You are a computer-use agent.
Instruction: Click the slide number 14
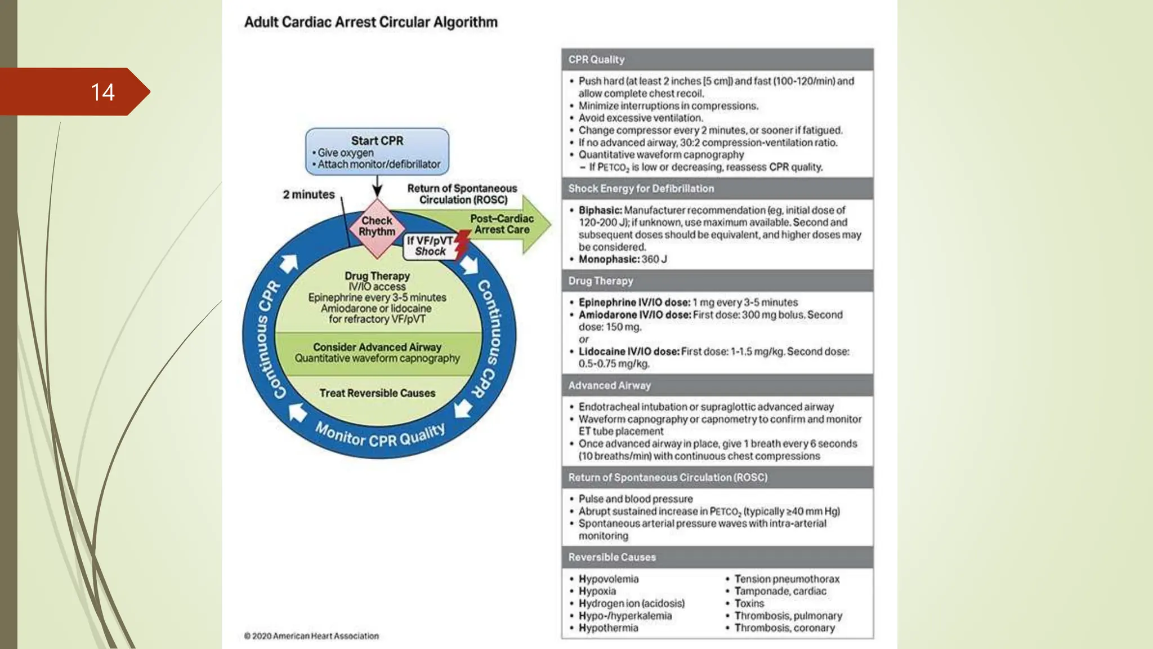coord(102,92)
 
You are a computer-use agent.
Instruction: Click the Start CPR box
coord(377,152)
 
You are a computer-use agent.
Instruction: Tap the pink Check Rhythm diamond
coord(377,226)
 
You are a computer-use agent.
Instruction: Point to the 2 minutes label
coord(309,194)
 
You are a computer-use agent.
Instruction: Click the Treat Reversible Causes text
coord(377,393)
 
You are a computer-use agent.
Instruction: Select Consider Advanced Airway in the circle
coord(377,347)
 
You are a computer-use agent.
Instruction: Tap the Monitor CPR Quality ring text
coord(380,437)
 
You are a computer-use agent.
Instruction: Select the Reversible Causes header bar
coord(717,557)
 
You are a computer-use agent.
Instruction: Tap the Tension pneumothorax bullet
coord(786,579)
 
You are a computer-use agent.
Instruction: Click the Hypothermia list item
coord(608,628)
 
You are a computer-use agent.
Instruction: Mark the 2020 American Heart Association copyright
coord(311,636)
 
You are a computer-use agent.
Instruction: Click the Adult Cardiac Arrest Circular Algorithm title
coord(370,23)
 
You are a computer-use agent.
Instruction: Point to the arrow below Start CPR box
coord(377,186)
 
